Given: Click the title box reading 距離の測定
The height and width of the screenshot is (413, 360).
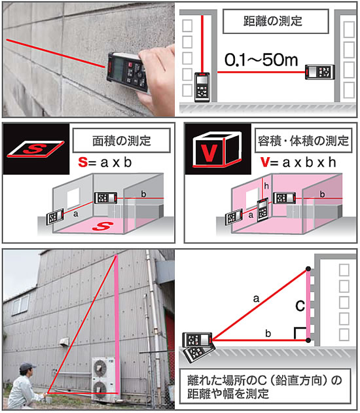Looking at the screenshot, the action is pyautogui.click(x=276, y=22).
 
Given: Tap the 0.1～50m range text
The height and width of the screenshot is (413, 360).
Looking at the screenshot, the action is pyautogui.click(x=261, y=60).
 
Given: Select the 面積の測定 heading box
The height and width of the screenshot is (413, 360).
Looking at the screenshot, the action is pyautogui.click(x=121, y=140).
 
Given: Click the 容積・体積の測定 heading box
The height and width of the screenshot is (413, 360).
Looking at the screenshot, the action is pyautogui.click(x=303, y=140).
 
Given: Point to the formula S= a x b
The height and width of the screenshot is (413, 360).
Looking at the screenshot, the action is pyautogui.click(x=105, y=162).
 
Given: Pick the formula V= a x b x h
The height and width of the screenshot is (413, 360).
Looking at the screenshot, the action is pyautogui.click(x=298, y=162).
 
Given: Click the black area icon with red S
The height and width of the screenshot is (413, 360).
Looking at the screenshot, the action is pyautogui.click(x=36, y=149).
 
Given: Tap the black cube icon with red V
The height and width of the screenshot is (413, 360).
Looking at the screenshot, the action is pyautogui.click(x=218, y=149).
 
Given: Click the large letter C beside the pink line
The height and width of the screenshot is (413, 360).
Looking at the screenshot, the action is pyautogui.click(x=300, y=306).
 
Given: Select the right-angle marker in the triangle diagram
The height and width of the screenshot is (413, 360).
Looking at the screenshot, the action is pyautogui.click(x=300, y=333).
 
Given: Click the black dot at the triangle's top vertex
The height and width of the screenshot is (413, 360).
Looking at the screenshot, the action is pyautogui.click(x=308, y=268).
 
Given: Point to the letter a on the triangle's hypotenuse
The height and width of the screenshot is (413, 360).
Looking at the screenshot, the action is pyautogui.click(x=256, y=298).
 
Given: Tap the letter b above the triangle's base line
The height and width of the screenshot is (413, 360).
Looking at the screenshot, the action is pyautogui.click(x=268, y=333).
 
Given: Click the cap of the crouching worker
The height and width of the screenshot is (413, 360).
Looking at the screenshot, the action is pyautogui.click(x=27, y=366).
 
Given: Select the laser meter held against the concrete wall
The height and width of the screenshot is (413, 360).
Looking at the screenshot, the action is pyautogui.click(x=128, y=71).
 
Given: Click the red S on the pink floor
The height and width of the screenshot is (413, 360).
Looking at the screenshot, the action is pyautogui.click(x=103, y=226).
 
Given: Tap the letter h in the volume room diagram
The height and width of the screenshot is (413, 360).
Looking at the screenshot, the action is pyautogui.click(x=266, y=186).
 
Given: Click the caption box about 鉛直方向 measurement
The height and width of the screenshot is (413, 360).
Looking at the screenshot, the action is pyautogui.click(x=265, y=386).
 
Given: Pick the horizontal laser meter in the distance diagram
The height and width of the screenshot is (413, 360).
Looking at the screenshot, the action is pyautogui.click(x=319, y=72).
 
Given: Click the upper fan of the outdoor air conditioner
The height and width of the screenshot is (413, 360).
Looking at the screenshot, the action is pyautogui.click(x=99, y=368).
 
